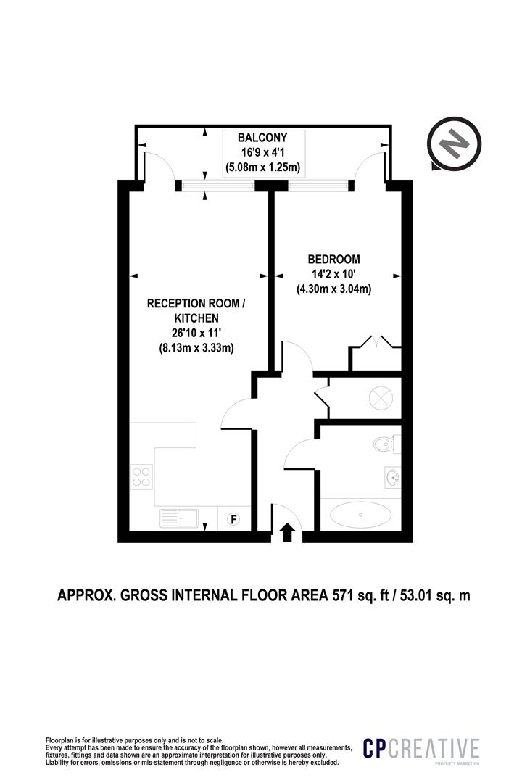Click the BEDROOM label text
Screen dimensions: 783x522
333,259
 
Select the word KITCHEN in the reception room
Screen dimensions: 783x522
195,318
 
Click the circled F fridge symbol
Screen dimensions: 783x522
234,518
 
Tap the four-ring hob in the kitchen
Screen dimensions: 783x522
141,476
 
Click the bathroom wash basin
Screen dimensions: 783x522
391,477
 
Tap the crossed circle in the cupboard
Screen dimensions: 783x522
380,398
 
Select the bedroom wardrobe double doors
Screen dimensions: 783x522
376,342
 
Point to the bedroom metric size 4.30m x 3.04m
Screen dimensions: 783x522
333,289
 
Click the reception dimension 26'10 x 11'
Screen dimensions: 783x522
195,333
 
